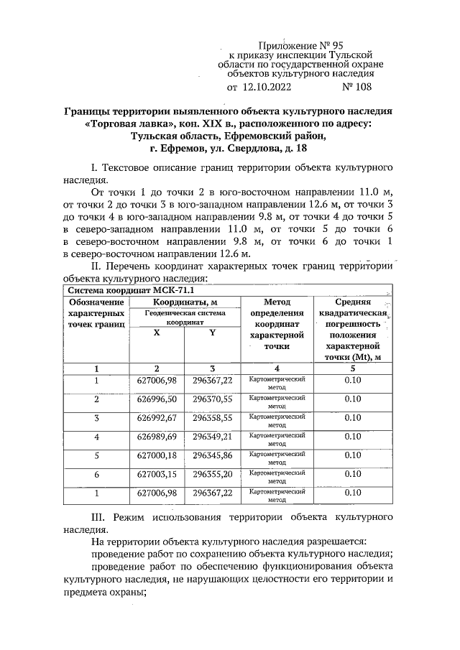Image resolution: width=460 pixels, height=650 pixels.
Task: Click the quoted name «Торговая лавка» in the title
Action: coord(124,124)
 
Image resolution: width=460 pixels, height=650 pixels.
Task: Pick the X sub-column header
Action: coord(157,332)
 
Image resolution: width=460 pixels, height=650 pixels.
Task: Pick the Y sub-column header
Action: coord(212,332)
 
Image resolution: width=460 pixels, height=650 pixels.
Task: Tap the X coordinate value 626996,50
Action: coord(157,399)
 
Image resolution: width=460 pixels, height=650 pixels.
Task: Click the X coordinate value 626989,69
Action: coord(157,437)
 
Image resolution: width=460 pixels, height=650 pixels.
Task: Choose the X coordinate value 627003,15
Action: coord(157,474)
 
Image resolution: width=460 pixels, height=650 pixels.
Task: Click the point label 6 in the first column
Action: coord(96,474)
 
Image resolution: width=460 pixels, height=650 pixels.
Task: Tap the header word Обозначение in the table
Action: coord(96,302)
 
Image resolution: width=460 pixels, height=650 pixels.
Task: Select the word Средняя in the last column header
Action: coord(352,302)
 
